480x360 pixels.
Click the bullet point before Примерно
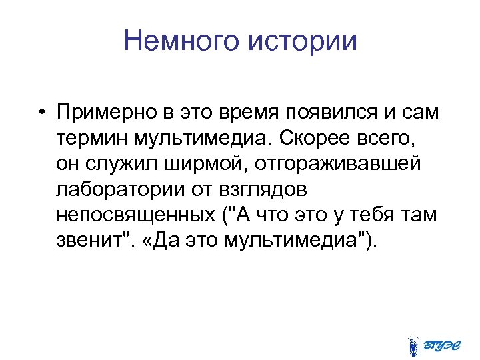[x=41, y=113]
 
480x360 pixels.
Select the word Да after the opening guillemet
[x=164, y=240]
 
